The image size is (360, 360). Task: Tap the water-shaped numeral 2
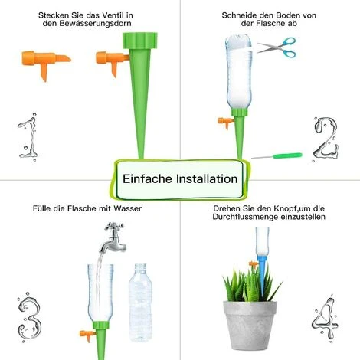tap(328, 137)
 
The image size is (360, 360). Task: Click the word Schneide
tap(238, 15)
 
